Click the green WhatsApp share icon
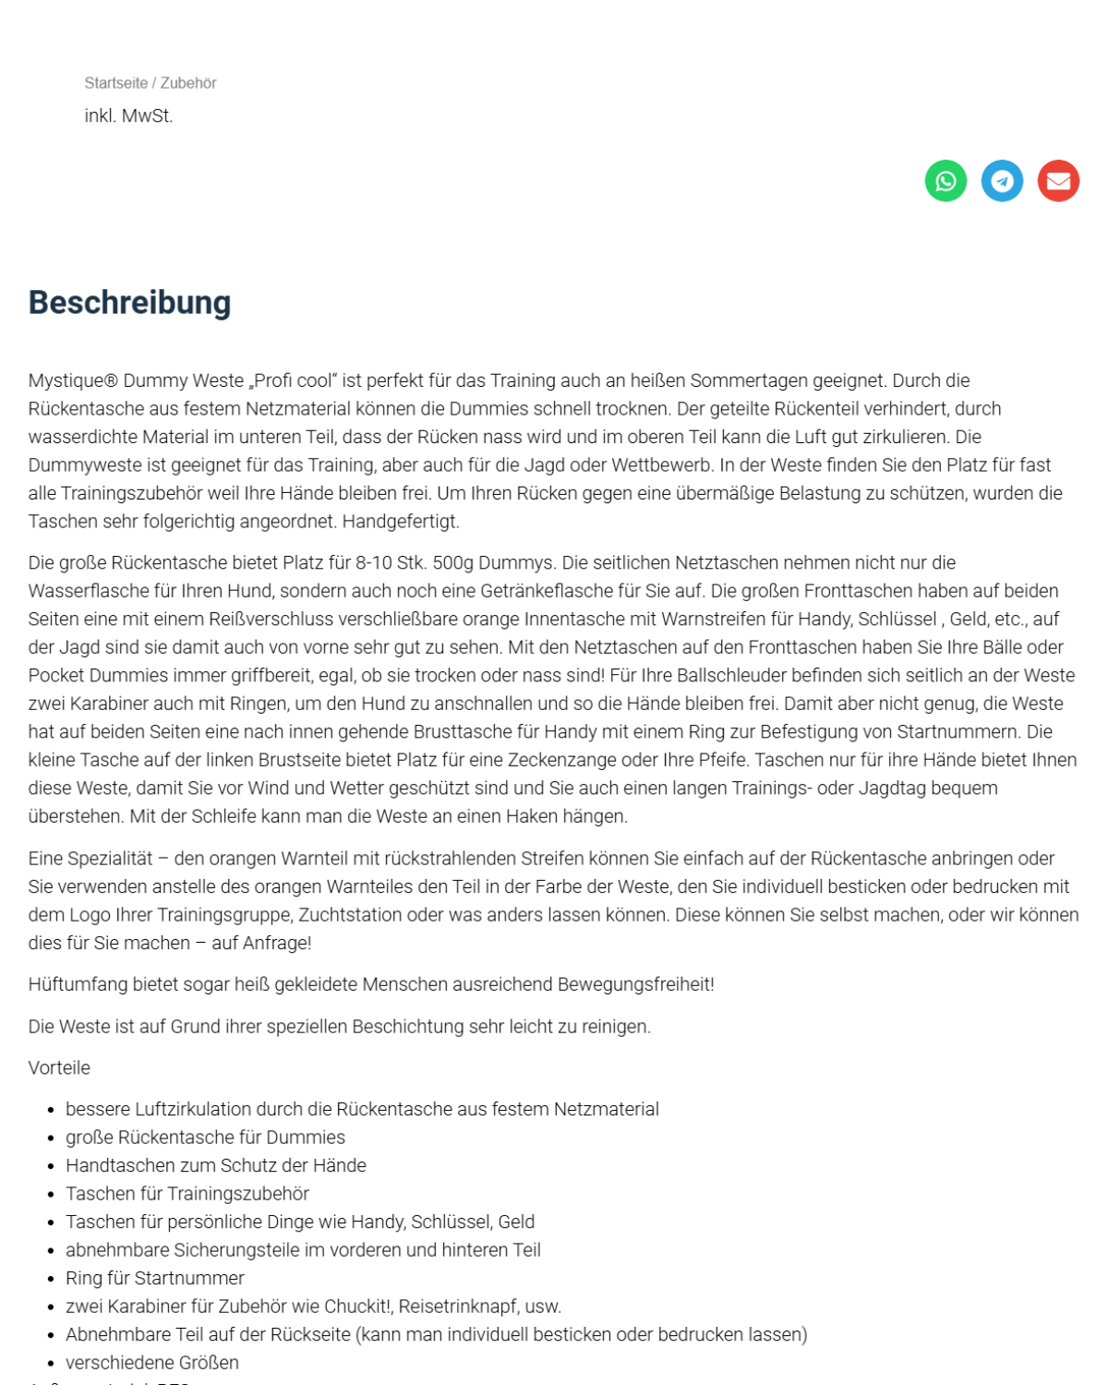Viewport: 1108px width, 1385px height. click(945, 181)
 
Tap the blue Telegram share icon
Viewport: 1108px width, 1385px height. click(1002, 181)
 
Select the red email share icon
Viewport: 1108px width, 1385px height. click(1058, 181)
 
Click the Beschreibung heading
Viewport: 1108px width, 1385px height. click(129, 303)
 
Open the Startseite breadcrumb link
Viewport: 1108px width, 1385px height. click(115, 83)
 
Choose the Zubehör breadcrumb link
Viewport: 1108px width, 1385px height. click(188, 83)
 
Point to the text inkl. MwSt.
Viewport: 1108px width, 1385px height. click(128, 116)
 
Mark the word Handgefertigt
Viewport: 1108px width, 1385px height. click(401, 522)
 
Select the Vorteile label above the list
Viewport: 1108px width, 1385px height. click(59, 1068)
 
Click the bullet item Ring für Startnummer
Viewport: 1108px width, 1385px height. click(155, 1279)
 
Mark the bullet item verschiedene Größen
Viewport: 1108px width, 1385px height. click(152, 1363)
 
